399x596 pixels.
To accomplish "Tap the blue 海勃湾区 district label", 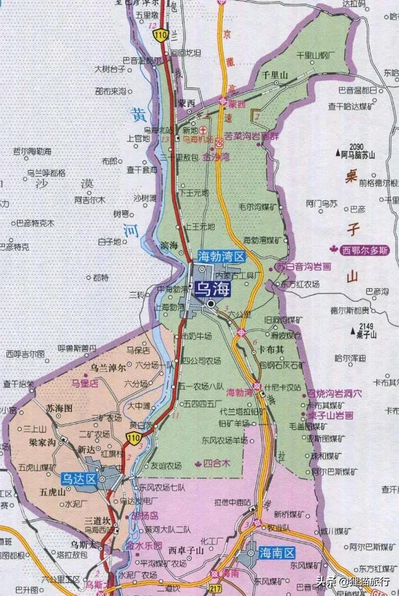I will tap(222, 256).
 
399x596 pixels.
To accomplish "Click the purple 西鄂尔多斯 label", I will tap(366, 250).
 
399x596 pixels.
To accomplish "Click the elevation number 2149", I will tap(367, 326).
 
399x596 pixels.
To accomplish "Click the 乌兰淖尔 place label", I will tap(108, 367).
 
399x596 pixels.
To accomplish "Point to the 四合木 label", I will tap(217, 463).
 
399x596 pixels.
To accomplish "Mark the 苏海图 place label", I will tap(59, 408).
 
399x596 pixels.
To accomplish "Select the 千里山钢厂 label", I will tap(317, 55).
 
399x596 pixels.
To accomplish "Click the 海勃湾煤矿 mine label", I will tap(264, 240).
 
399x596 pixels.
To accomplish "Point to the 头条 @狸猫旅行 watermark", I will tap(354, 581).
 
